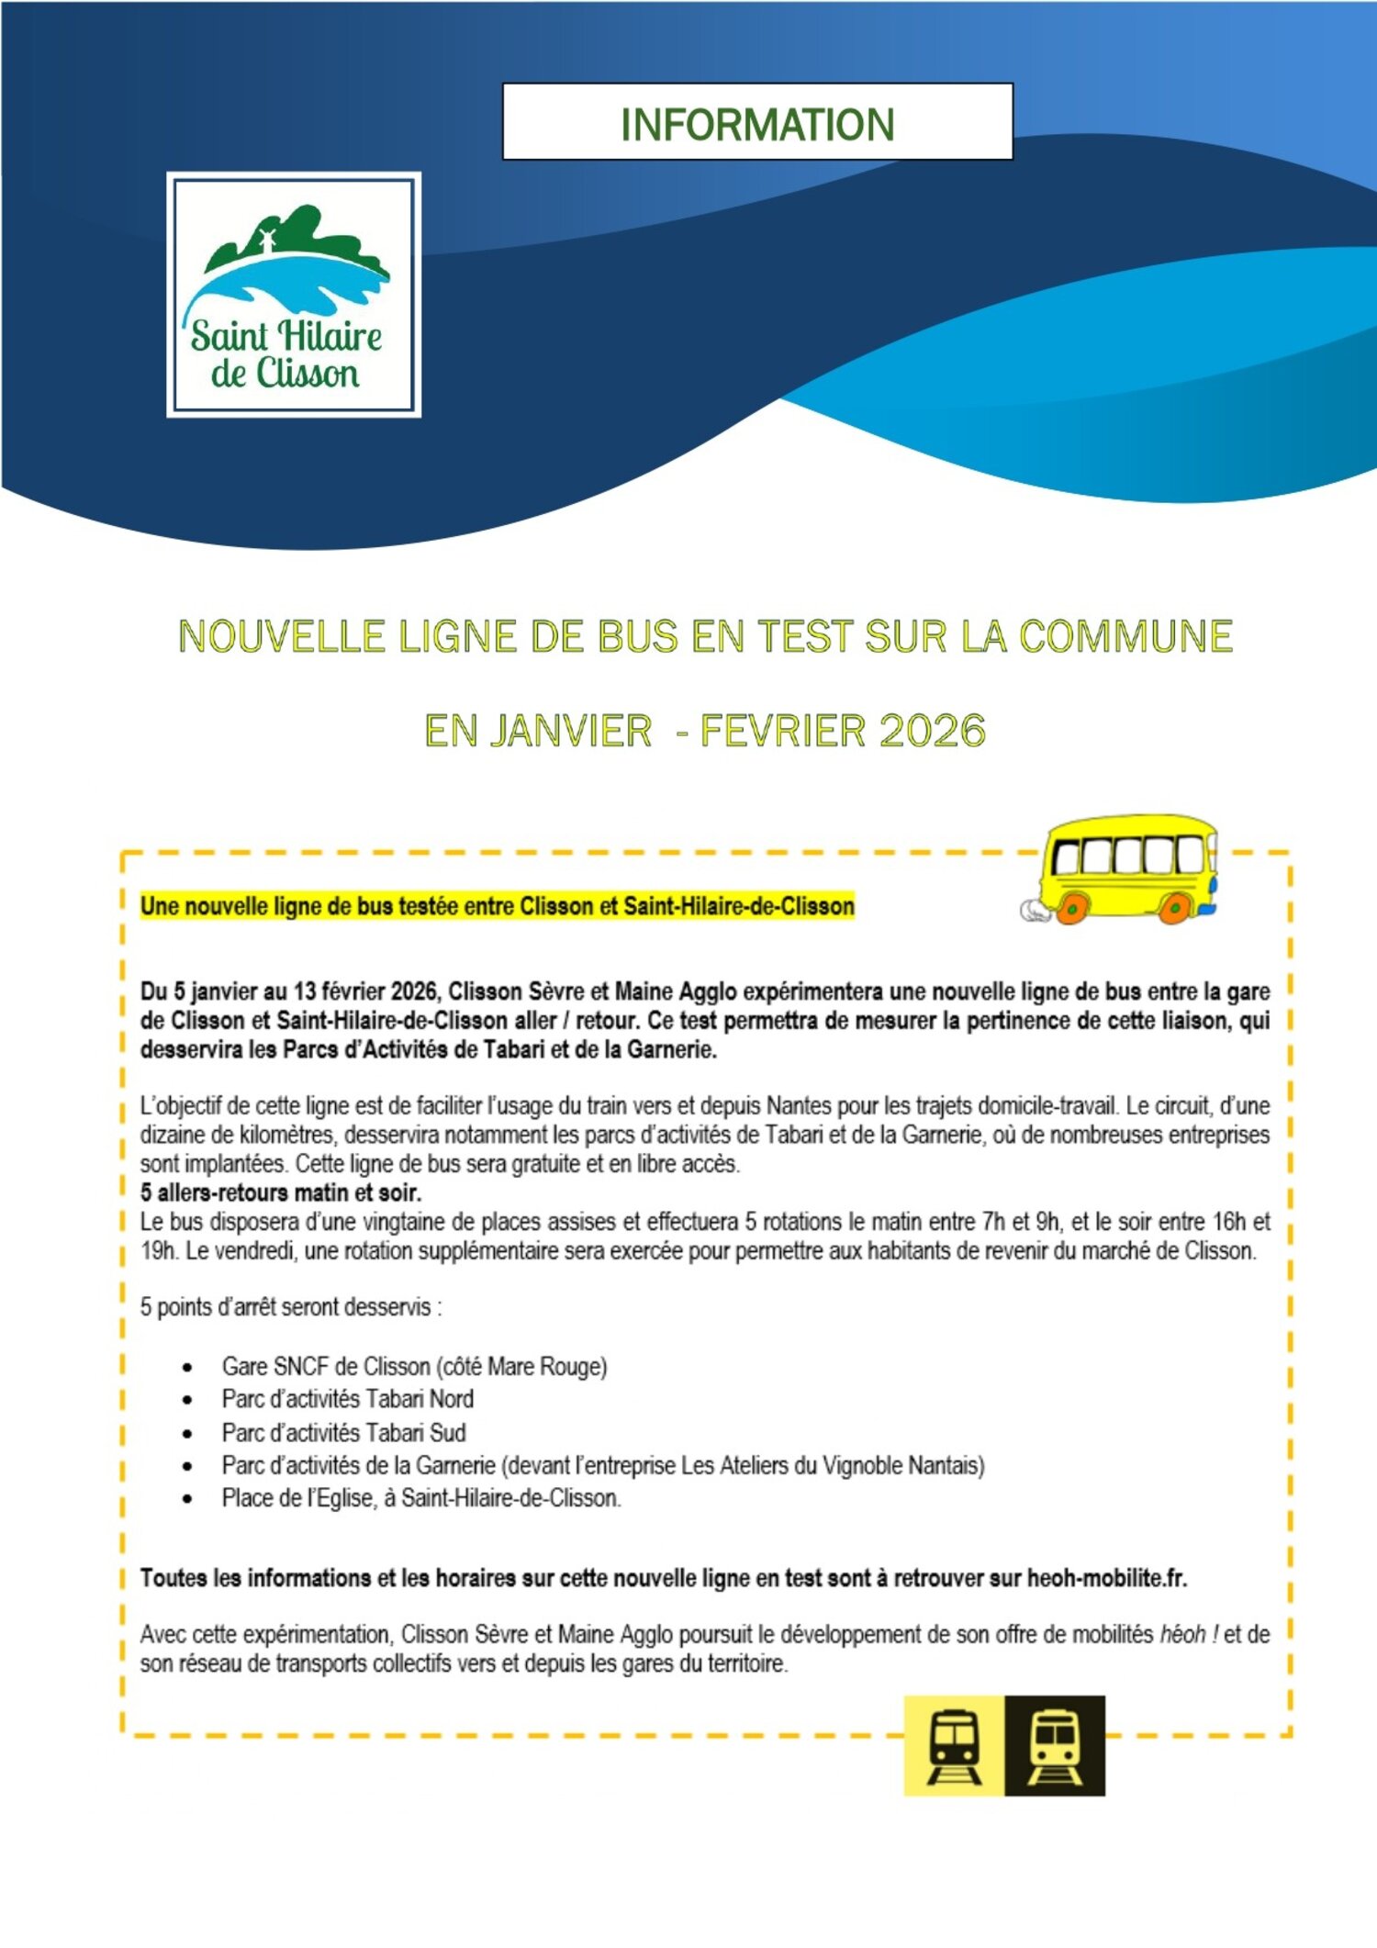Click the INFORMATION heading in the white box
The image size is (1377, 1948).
tap(757, 124)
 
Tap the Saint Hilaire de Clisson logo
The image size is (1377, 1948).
tap(294, 295)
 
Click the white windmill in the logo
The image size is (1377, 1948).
tap(267, 241)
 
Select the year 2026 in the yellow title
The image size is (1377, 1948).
tap(932, 731)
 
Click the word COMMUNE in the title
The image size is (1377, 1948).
tap(1125, 636)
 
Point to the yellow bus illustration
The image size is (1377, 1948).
tap(1125, 868)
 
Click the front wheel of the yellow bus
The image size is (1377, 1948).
tap(1175, 908)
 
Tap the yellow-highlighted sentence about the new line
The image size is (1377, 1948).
tap(497, 906)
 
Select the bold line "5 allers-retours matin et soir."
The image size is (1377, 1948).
tap(281, 1192)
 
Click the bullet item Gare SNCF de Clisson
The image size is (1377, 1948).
tap(414, 1366)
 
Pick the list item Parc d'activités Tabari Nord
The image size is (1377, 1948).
tap(347, 1399)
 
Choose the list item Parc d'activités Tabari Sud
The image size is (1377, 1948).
tap(343, 1432)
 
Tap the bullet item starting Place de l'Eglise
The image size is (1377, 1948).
tap(421, 1498)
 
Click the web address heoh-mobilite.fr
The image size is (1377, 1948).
tap(1106, 1578)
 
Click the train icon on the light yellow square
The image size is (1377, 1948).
tap(954, 1745)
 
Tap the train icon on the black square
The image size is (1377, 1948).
tap(1055, 1745)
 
